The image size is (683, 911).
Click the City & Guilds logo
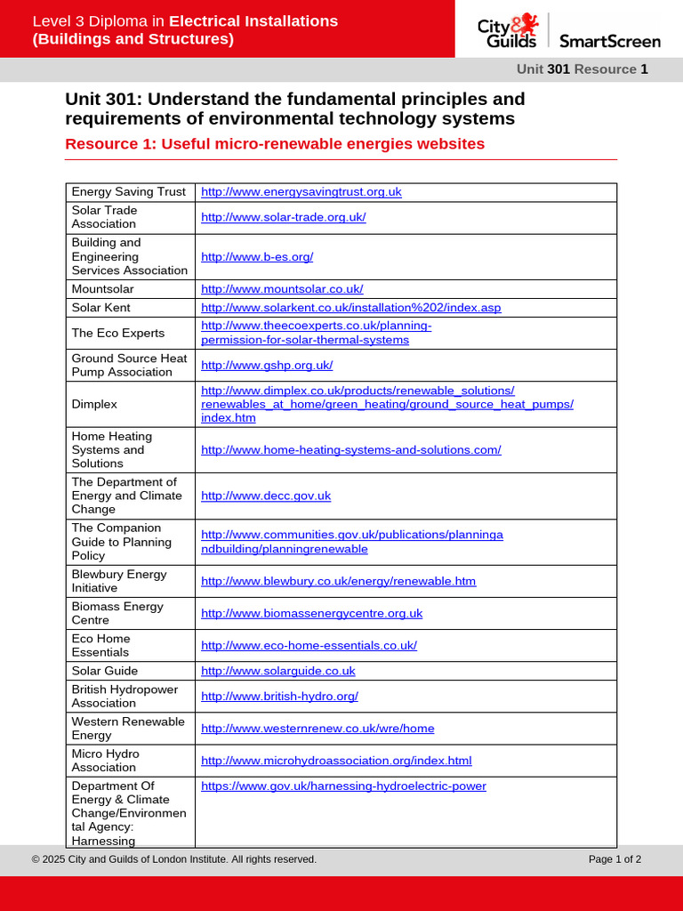click(x=509, y=32)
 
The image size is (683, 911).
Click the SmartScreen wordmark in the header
click(x=609, y=41)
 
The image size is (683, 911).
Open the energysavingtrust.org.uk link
click(x=301, y=191)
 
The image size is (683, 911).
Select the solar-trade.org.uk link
click(x=283, y=217)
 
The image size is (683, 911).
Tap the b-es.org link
click(x=257, y=256)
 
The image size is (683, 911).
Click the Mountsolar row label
click(x=102, y=288)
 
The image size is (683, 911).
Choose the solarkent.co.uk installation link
click(x=350, y=307)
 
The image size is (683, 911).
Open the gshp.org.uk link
click(x=267, y=365)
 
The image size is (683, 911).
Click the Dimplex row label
click(x=94, y=404)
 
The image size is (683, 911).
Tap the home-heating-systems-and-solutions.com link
click(x=350, y=449)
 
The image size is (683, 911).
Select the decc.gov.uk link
click(x=266, y=496)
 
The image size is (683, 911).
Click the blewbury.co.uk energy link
click(x=338, y=581)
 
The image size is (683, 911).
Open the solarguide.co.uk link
click(x=277, y=670)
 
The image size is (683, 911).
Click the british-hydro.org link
click(x=279, y=696)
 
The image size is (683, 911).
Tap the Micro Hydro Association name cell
click(x=105, y=760)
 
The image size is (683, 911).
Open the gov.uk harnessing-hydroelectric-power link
click(x=343, y=786)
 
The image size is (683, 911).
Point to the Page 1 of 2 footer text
click(x=615, y=859)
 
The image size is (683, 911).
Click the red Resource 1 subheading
click(x=275, y=144)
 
